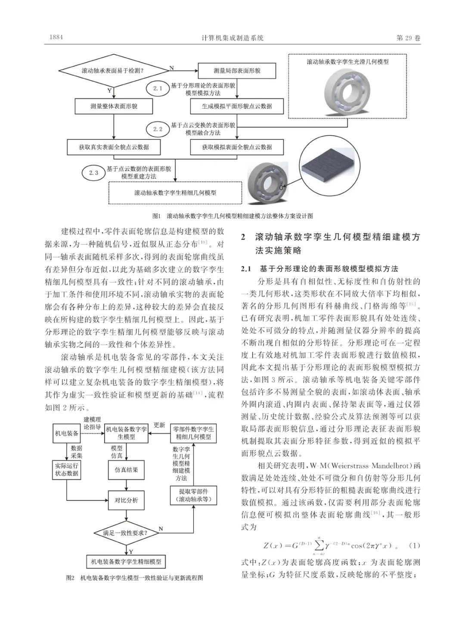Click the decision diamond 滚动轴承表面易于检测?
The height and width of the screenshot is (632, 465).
(112, 70)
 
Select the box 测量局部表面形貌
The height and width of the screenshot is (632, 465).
(237, 70)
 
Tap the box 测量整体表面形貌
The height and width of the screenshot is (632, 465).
(114, 106)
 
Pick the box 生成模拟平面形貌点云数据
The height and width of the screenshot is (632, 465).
(237, 106)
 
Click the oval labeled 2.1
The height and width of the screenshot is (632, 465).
(157, 88)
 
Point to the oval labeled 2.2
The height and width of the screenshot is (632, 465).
(157, 129)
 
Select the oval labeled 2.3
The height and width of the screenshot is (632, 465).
(93, 173)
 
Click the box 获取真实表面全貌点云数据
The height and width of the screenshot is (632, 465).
(114, 147)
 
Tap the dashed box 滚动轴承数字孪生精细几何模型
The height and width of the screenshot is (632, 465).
(175, 193)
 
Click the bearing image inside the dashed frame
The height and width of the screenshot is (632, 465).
(347, 91)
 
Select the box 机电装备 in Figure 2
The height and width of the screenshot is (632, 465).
(67, 433)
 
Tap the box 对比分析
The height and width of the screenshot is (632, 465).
(126, 501)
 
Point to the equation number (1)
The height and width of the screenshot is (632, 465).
(414, 545)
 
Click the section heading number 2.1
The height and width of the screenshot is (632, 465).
(245, 269)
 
